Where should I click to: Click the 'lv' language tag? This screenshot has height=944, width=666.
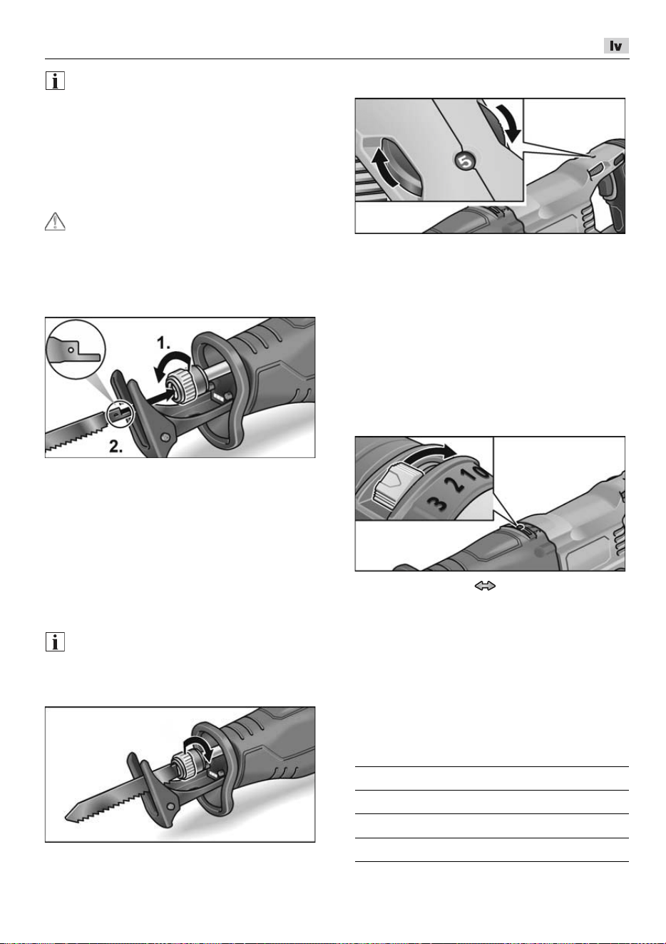click(616, 46)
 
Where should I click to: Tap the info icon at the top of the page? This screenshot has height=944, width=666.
click(55, 81)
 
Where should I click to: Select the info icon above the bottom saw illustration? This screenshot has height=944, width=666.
click(55, 642)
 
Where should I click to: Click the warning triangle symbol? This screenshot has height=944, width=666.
click(55, 222)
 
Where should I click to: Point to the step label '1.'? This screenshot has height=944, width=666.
click(164, 343)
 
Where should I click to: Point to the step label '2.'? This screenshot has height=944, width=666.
click(116, 446)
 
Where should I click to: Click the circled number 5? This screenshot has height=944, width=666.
click(465, 161)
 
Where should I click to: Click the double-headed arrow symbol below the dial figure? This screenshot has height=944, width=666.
click(485, 586)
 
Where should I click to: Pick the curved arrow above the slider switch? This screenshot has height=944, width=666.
click(434, 453)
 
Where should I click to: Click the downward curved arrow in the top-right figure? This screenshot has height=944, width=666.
click(510, 122)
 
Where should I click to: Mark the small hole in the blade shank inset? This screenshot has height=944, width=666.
click(71, 350)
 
